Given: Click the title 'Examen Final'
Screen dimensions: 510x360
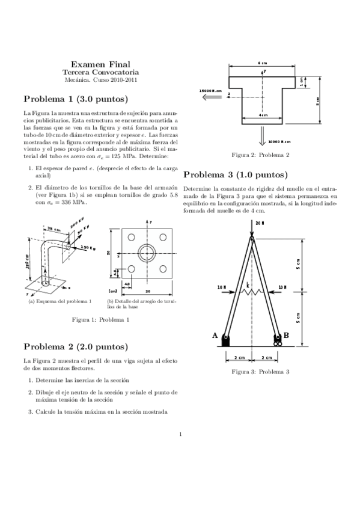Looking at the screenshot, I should tap(100, 64).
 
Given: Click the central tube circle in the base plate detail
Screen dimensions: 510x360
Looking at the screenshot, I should tap(146, 253).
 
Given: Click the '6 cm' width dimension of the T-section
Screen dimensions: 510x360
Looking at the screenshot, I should tap(263, 63).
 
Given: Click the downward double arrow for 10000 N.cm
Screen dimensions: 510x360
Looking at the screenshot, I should tap(263, 137).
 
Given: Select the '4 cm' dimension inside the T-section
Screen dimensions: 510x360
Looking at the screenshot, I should tap(263, 114).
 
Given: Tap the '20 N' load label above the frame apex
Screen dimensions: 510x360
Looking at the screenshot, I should tap(260, 223).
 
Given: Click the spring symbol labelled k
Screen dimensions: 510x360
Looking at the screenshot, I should tap(251, 291).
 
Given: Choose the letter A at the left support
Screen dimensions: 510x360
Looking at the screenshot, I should tap(215, 336).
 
